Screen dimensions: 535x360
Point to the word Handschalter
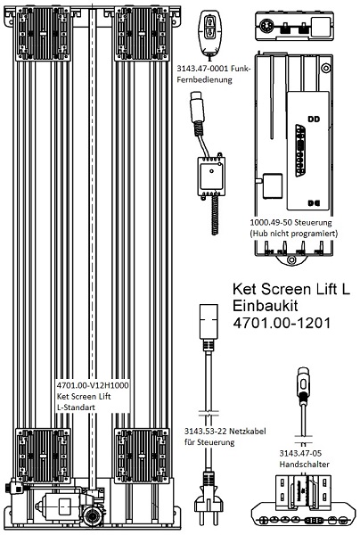click(303, 465)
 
